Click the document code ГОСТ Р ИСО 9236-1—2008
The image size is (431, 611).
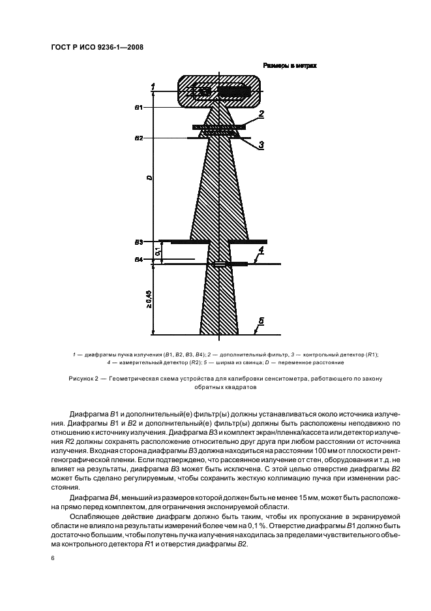click(97, 48)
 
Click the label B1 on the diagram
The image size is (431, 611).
click(139, 106)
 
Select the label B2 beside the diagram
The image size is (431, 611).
click(139, 138)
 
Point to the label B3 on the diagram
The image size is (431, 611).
click(139, 242)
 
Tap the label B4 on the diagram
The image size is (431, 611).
click(139, 260)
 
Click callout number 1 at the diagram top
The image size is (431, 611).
click(153, 86)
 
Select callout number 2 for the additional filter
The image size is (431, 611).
click(261, 114)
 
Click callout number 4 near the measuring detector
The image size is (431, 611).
click(261, 250)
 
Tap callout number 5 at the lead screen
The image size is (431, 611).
click(261, 321)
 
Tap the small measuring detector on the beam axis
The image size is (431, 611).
click(221, 264)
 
